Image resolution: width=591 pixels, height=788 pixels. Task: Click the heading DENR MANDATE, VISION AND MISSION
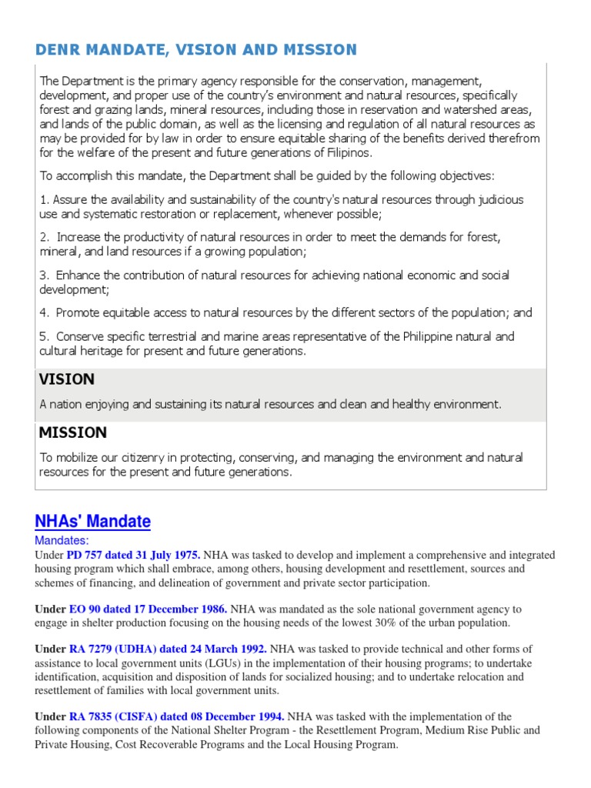coord(196,50)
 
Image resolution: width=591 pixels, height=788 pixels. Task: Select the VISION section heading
coord(67,379)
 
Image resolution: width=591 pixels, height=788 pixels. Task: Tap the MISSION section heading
coord(73,432)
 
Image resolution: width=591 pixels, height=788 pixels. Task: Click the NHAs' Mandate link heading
coord(93,522)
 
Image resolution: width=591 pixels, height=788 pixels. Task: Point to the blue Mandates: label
coord(62,541)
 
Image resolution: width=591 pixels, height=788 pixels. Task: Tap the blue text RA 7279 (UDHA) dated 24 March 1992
coord(169,649)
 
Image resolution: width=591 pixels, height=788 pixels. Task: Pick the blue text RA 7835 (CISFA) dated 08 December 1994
coord(177,716)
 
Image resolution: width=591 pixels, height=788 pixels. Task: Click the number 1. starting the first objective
coord(44,200)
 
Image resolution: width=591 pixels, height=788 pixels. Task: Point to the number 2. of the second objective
coord(45,237)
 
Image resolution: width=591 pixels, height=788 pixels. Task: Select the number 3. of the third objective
coord(45,275)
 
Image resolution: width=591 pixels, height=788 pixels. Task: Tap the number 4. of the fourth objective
coord(45,313)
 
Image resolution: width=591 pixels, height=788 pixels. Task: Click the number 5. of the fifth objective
coord(45,336)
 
